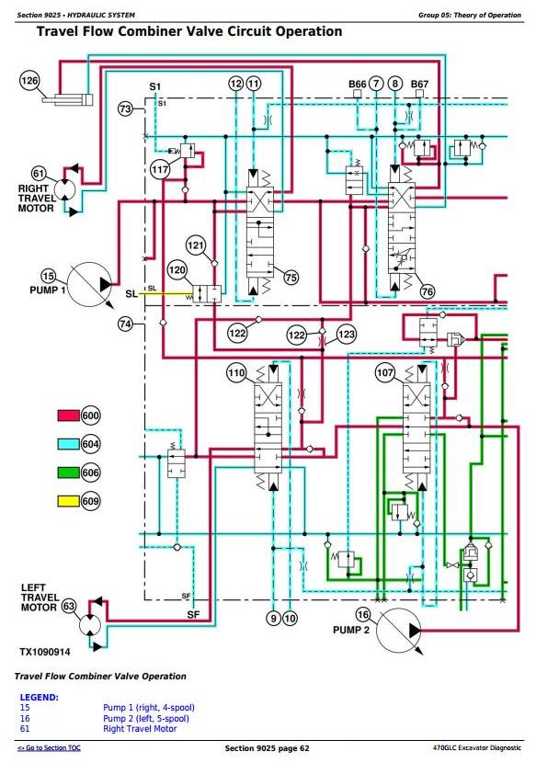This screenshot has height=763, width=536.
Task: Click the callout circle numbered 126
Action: coord(29,81)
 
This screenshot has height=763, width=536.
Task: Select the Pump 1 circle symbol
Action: coord(89,285)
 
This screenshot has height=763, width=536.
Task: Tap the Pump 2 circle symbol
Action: coord(399,631)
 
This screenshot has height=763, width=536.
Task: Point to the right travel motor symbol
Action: coord(64,188)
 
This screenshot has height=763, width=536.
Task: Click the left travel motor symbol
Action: coord(90,625)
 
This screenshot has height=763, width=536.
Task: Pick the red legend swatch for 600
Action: coord(68,416)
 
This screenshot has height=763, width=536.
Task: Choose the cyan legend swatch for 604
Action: coord(68,444)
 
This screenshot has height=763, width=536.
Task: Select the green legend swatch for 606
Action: coord(68,472)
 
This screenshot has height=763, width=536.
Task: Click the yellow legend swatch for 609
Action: coord(68,501)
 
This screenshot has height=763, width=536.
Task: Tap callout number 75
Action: coord(291,278)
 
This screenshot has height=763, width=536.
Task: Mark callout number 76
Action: coord(427,291)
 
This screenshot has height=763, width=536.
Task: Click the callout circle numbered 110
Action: coord(236,373)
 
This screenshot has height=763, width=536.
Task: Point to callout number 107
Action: coord(384,373)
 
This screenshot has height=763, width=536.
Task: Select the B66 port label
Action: coord(358,84)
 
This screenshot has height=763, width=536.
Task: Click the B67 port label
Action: coord(419,84)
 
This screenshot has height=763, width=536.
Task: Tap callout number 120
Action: coord(177,270)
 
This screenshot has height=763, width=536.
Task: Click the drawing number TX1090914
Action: coord(45,652)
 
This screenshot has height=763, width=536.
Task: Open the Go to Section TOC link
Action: coord(49,748)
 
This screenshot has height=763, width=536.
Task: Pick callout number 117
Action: coord(160,169)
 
